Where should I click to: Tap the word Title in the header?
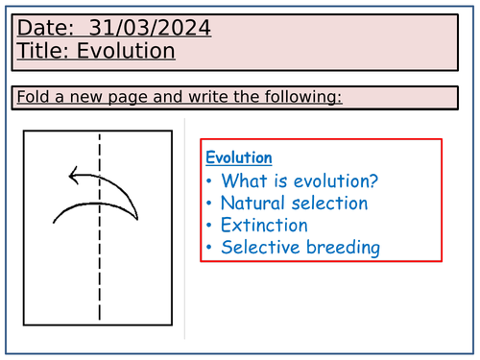click(43, 51)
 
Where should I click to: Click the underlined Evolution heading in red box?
click(239, 157)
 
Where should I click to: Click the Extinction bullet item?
click(264, 226)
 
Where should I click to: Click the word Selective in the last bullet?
click(258, 248)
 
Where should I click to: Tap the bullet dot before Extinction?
click(210, 227)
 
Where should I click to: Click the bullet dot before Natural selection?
click(210, 204)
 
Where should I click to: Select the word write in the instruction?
click(214, 97)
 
